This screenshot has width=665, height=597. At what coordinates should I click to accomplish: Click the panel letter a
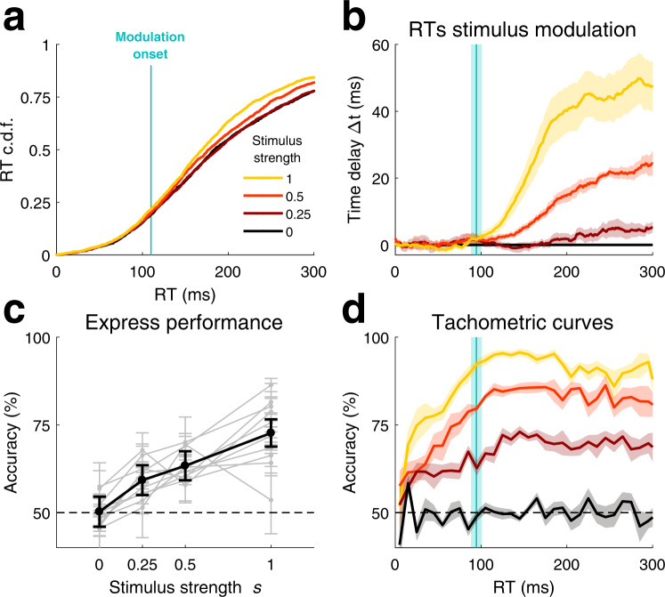18,19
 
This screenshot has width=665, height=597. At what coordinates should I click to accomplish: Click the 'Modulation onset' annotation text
151,47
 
